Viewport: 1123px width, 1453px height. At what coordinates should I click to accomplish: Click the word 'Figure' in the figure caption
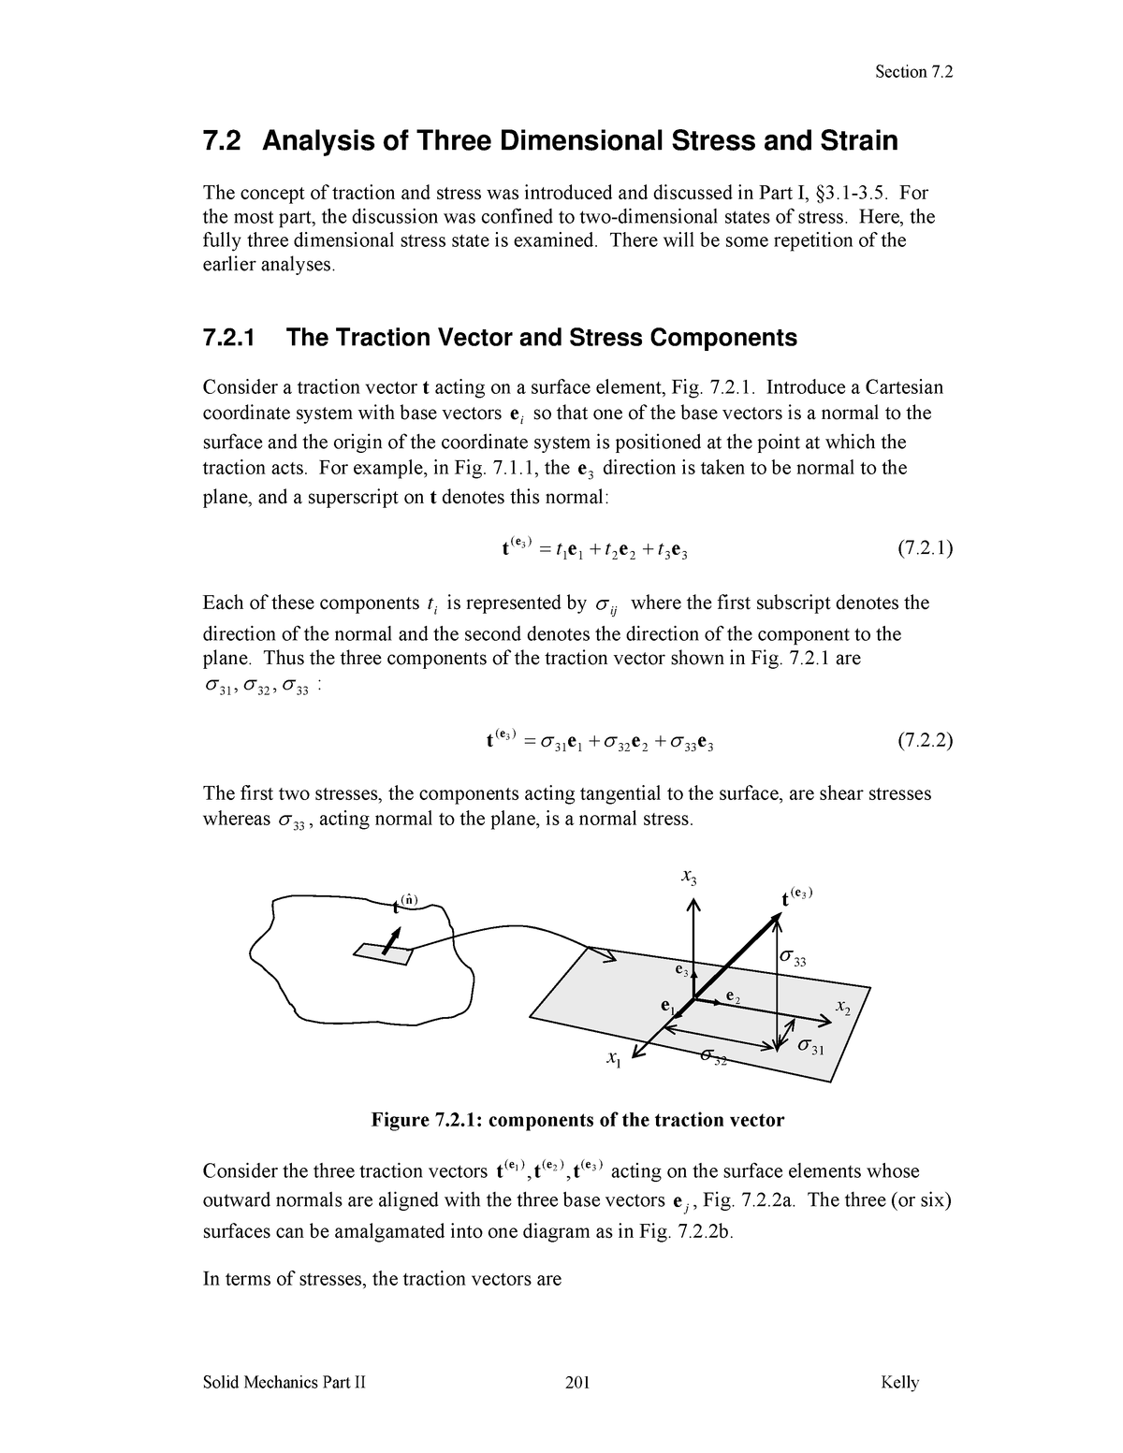click(401, 1120)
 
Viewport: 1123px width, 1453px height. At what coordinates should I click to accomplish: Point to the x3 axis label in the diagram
click(689, 879)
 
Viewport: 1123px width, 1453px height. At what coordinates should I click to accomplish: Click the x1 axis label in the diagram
click(613, 1059)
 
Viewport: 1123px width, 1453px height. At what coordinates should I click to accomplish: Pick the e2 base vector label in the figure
click(733, 998)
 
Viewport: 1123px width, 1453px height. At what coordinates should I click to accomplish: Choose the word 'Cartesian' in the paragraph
click(904, 387)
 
